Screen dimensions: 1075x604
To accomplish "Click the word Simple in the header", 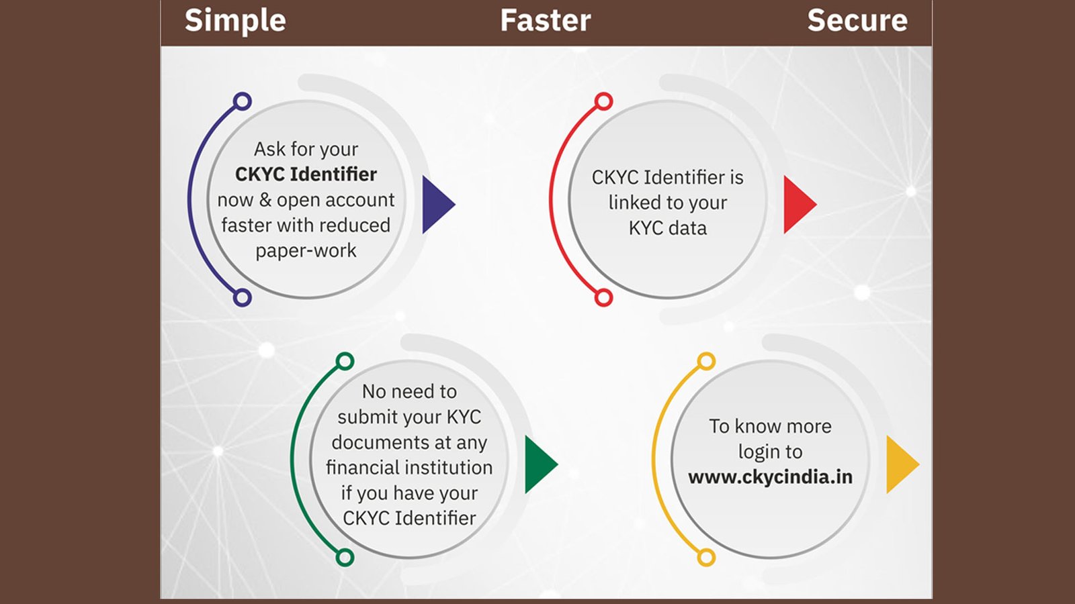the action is [235, 21].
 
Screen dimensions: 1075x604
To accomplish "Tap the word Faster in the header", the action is [546, 20].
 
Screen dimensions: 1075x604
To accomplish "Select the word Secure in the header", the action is [857, 20].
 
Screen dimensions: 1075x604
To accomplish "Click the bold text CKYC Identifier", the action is [306, 174].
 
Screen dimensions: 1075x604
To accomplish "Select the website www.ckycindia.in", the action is [770, 477].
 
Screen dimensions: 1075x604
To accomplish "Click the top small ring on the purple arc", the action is [243, 101].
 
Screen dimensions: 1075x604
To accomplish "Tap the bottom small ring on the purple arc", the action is [243, 298].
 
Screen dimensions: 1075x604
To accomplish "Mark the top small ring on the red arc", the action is [604, 101].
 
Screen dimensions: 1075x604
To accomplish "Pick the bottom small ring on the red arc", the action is [604, 298].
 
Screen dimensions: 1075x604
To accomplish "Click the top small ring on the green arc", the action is [345, 362].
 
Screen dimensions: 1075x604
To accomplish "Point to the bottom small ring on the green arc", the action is [345, 558].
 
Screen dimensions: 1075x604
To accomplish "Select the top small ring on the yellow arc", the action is [706, 362].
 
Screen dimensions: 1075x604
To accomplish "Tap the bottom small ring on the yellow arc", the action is [706, 558].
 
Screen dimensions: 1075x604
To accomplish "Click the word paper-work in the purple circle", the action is [306, 251].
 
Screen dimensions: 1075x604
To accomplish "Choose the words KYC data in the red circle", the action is [668, 228].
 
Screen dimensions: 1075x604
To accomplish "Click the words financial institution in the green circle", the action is [409, 467].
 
